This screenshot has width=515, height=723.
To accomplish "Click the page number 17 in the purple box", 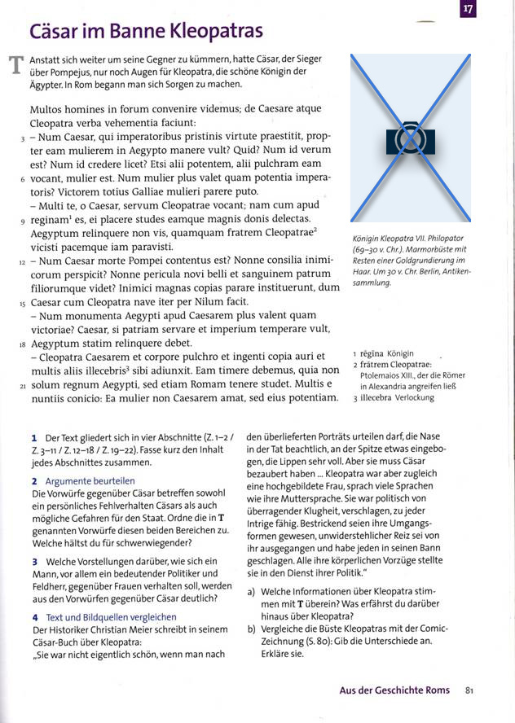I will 467,10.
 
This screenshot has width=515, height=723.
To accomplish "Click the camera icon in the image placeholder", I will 411,138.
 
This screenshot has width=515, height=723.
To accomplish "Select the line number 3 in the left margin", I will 22,140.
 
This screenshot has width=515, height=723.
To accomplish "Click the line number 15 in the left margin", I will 22,303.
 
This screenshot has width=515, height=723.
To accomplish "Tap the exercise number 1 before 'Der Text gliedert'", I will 33,438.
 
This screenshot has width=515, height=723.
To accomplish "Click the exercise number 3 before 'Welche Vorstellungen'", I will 34,562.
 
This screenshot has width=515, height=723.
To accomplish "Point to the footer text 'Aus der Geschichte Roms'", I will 394,690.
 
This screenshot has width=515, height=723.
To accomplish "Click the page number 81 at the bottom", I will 469,690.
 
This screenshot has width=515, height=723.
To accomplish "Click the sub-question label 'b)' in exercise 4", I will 252,629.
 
